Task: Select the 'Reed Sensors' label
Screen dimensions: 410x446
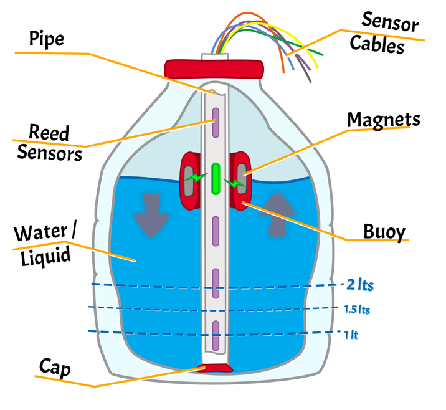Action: tap(49, 143)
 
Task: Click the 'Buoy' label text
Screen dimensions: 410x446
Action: tap(384, 231)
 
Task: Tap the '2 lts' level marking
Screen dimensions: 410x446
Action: tap(361, 285)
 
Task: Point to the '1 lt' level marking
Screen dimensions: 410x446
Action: tap(351, 335)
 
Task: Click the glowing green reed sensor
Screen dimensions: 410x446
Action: tap(216, 178)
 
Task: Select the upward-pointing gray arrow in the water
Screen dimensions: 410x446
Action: tap(278, 216)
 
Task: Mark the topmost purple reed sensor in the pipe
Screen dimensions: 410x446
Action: tap(216, 123)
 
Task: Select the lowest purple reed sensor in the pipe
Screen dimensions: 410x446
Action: tap(216, 335)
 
